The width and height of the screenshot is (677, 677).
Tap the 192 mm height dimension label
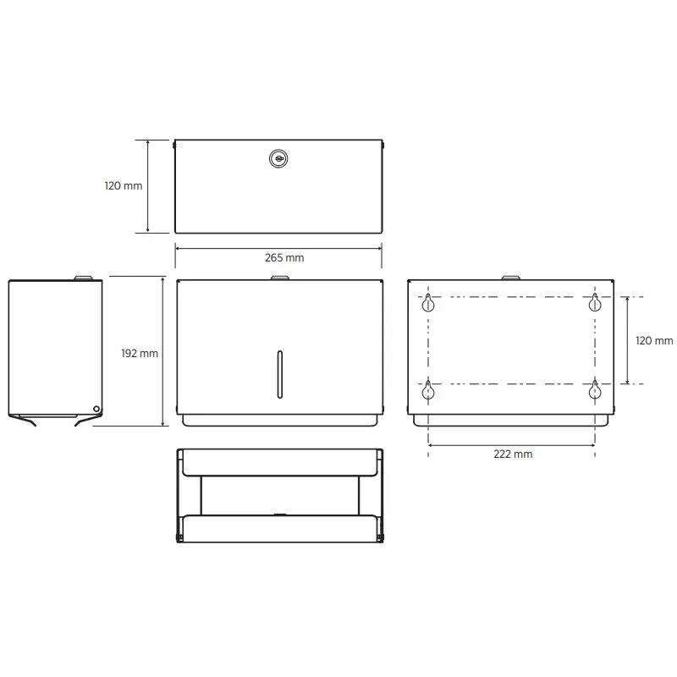coord(140,353)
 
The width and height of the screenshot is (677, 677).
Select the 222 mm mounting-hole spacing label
coord(513,454)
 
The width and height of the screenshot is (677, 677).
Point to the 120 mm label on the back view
coord(653,341)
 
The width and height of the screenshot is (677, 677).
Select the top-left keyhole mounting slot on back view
coord(429,302)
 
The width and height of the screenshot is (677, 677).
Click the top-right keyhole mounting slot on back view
coord(595,302)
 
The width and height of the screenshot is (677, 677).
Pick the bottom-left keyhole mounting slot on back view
coord(429,389)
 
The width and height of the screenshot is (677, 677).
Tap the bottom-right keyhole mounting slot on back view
coord(595,389)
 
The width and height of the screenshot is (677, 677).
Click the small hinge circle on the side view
coord(96,410)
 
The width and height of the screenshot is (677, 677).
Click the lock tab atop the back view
coord(511,277)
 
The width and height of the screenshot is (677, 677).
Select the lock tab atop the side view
coord(84,277)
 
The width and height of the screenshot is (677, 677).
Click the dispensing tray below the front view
coord(279,420)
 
